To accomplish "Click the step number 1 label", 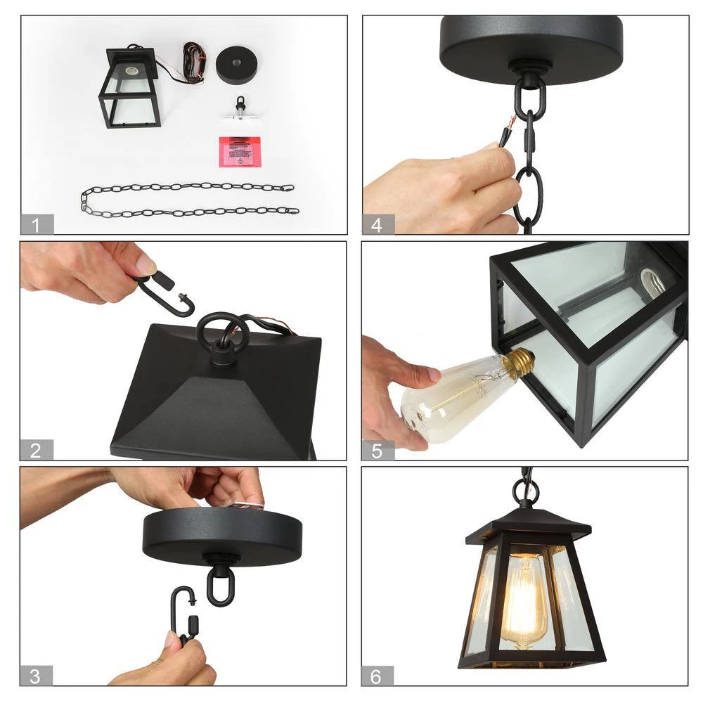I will [37, 225].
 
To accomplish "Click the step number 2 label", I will [36, 451].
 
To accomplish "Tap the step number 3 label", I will [37, 676].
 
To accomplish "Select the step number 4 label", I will [378, 225].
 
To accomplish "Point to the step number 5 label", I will [378, 451].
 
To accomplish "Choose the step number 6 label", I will [378, 676].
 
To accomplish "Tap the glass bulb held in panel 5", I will [450, 401].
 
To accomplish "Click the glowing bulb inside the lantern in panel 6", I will [524, 598].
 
